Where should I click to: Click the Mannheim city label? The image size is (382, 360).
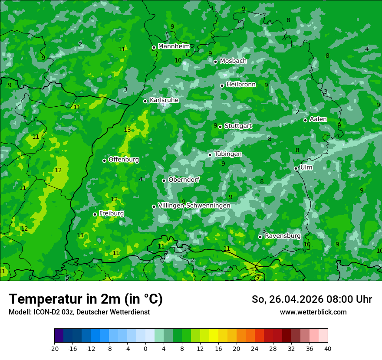pos(174,46)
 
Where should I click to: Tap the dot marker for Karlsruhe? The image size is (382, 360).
pos(145,101)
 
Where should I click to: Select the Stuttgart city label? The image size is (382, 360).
pos(238,126)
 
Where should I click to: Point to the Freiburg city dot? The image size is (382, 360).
pos(95,214)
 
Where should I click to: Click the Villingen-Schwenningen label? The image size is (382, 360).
pos(194,206)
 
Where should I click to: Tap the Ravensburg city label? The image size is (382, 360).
pos(283,236)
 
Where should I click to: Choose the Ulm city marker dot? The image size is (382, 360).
pos(296,168)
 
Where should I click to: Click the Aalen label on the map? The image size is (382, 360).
pos(318,119)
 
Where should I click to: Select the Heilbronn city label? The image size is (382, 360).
pos(241,85)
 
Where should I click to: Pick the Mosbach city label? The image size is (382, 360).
pos(233,61)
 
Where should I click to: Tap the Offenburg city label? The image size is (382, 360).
pos(124,160)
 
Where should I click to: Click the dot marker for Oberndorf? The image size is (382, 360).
pos(164,180)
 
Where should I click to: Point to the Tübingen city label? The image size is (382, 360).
pos(228,154)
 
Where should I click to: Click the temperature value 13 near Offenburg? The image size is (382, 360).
pos(127,130)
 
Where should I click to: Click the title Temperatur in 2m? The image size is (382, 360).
pos(86,299)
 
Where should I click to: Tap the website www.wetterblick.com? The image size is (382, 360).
pos(313,312)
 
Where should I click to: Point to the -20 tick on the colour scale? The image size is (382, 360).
pos(54,348)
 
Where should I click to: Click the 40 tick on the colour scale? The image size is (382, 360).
pos(327,348)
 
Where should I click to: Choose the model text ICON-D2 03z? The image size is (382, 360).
pos(51,312)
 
